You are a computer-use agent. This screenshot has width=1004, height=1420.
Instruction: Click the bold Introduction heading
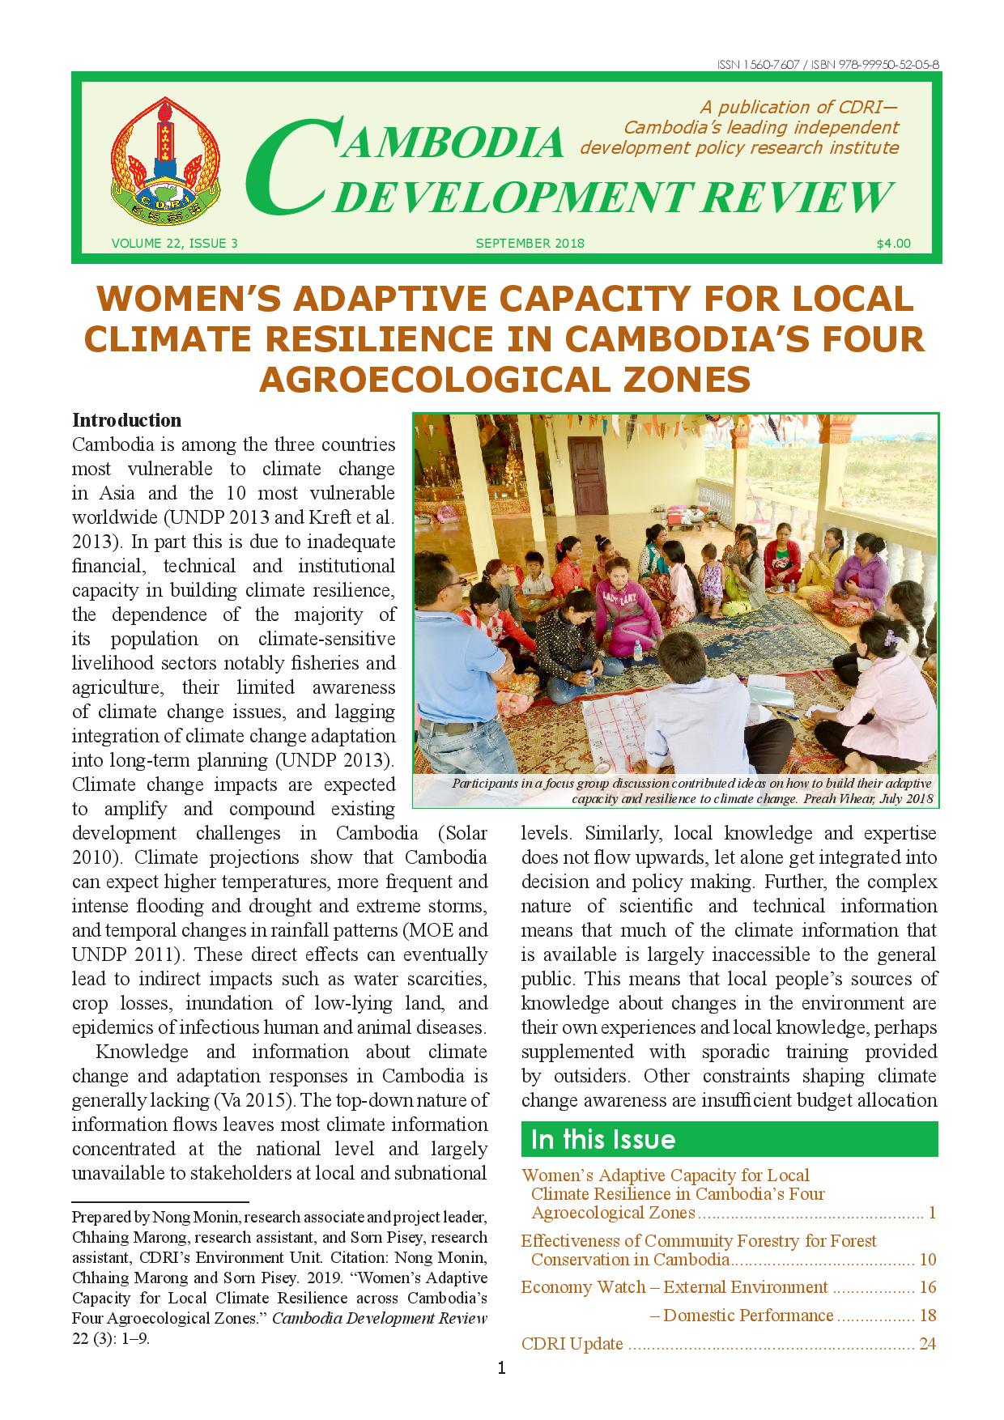[x=126, y=420]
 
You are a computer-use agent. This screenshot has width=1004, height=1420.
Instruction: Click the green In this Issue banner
[x=729, y=1139]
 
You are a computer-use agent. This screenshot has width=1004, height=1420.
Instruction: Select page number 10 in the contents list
[x=928, y=1260]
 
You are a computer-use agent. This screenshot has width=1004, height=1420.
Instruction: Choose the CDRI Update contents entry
[x=572, y=1344]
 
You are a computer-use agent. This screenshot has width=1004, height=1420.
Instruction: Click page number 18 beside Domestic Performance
[x=928, y=1316]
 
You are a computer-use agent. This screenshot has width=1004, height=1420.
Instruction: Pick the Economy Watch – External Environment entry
[x=674, y=1287]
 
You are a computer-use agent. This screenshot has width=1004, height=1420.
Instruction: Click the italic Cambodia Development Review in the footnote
[x=379, y=1318]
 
